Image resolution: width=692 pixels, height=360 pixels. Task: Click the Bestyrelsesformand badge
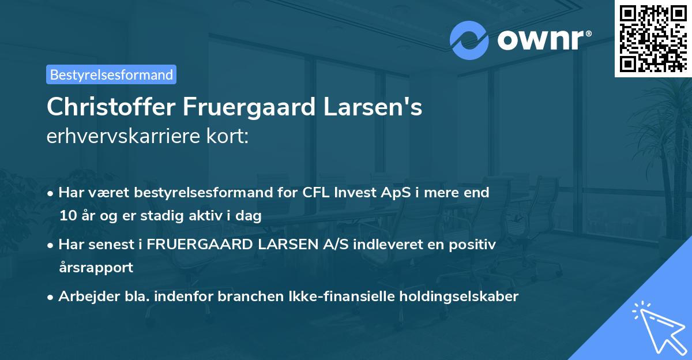click(x=111, y=74)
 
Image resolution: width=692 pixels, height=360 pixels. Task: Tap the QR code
click(x=653, y=38)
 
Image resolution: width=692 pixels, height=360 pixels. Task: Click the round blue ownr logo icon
click(x=469, y=40)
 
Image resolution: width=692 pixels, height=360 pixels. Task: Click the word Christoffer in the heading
click(x=111, y=108)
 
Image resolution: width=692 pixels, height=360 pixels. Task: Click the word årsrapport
click(x=96, y=268)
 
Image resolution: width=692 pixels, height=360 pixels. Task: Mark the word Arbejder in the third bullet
click(x=86, y=297)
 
